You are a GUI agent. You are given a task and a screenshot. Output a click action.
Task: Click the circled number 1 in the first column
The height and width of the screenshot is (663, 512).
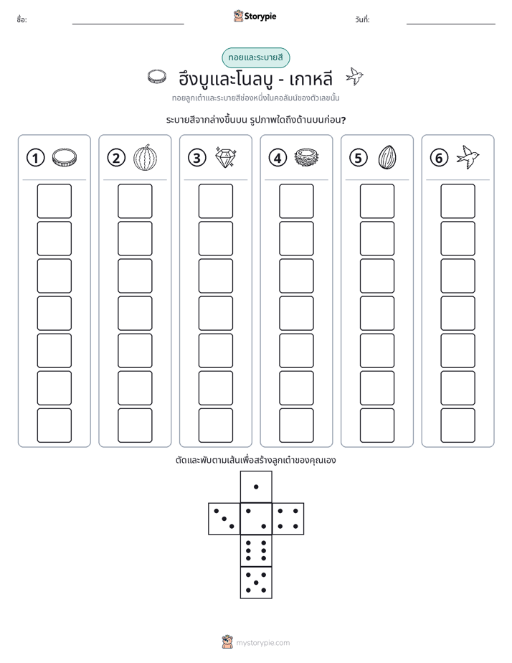tap(35, 158)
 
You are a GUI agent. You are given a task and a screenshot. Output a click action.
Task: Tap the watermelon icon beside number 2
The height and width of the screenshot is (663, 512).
tap(146, 158)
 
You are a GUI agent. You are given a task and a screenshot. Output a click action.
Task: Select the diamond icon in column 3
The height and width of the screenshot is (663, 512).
tap(226, 157)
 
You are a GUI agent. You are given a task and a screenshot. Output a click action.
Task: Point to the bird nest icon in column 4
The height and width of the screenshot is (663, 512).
tap(306, 157)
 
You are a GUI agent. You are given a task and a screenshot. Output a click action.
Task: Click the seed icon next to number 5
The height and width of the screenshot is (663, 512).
tap(387, 157)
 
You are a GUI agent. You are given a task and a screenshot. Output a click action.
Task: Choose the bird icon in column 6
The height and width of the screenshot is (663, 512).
tap(468, 157)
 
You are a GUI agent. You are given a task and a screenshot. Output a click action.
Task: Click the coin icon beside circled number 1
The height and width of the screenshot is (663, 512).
tap(65, 157)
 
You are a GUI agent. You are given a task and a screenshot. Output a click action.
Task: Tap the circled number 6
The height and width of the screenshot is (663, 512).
tap(439, 158)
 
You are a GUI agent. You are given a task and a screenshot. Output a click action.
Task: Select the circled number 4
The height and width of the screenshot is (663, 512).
tap(278, 158)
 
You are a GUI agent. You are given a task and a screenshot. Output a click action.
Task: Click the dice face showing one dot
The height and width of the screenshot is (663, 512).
tap(256, 486)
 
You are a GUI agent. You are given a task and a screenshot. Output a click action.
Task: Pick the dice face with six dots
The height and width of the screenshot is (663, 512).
tap(256, 550)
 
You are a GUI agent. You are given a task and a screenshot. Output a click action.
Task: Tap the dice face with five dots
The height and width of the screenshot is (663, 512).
tap(256, 583)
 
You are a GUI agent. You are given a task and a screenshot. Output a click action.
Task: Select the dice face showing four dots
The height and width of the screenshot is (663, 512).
tap(288, 519)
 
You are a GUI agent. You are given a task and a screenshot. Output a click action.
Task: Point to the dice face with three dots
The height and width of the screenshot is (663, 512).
tap(224, 519)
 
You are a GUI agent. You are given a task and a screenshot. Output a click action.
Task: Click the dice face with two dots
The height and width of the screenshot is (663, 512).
tap(256, 519)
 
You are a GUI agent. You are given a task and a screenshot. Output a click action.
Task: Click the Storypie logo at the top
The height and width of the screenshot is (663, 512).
tap(255, 17)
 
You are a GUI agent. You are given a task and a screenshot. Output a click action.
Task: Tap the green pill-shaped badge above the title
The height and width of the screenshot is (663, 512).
tap(255, 58)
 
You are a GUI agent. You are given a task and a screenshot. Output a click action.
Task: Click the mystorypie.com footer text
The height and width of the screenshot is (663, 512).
tap(262, 643)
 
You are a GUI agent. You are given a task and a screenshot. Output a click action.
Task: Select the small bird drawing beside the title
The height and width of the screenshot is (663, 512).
tap(354, 77)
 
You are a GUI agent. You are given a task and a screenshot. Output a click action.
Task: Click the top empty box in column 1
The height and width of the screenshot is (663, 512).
tap(54, 201)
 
